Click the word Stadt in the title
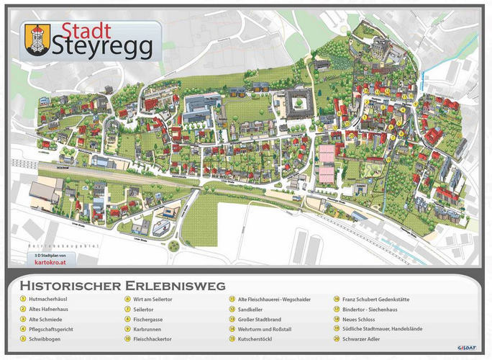86,30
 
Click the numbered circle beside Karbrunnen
127,328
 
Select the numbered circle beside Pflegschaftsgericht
23,328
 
